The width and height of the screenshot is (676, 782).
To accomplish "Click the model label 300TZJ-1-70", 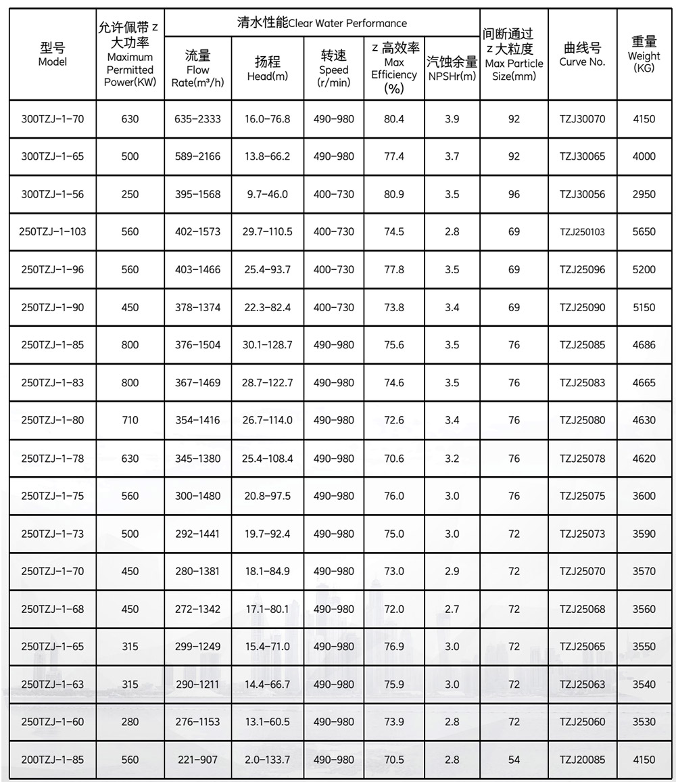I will [53, 119].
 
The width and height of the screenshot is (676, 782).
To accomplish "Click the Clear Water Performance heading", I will [322, 24].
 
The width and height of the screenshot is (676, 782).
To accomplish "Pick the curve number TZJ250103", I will [582, 232].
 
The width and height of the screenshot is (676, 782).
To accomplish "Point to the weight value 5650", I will [644, 232].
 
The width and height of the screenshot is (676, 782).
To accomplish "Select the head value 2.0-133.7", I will [267, 760].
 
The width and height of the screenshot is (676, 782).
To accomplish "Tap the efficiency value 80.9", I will [394, 194].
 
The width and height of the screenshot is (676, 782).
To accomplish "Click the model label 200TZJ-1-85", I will [53, 760].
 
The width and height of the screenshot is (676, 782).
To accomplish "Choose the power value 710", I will [130, 420].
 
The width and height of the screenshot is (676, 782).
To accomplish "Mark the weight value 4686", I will [644, 345].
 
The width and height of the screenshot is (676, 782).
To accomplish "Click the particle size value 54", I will [514, 760].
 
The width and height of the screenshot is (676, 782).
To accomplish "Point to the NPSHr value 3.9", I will [452, 119].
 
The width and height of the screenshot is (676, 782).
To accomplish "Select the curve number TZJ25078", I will [582, 458].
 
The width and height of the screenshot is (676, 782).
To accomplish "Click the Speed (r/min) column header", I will [334, 69].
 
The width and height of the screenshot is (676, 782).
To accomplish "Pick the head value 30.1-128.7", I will [267, 345].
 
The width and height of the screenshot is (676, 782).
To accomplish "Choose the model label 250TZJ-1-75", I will [53, 496].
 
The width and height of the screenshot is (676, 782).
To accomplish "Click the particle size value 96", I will [514, 194].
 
